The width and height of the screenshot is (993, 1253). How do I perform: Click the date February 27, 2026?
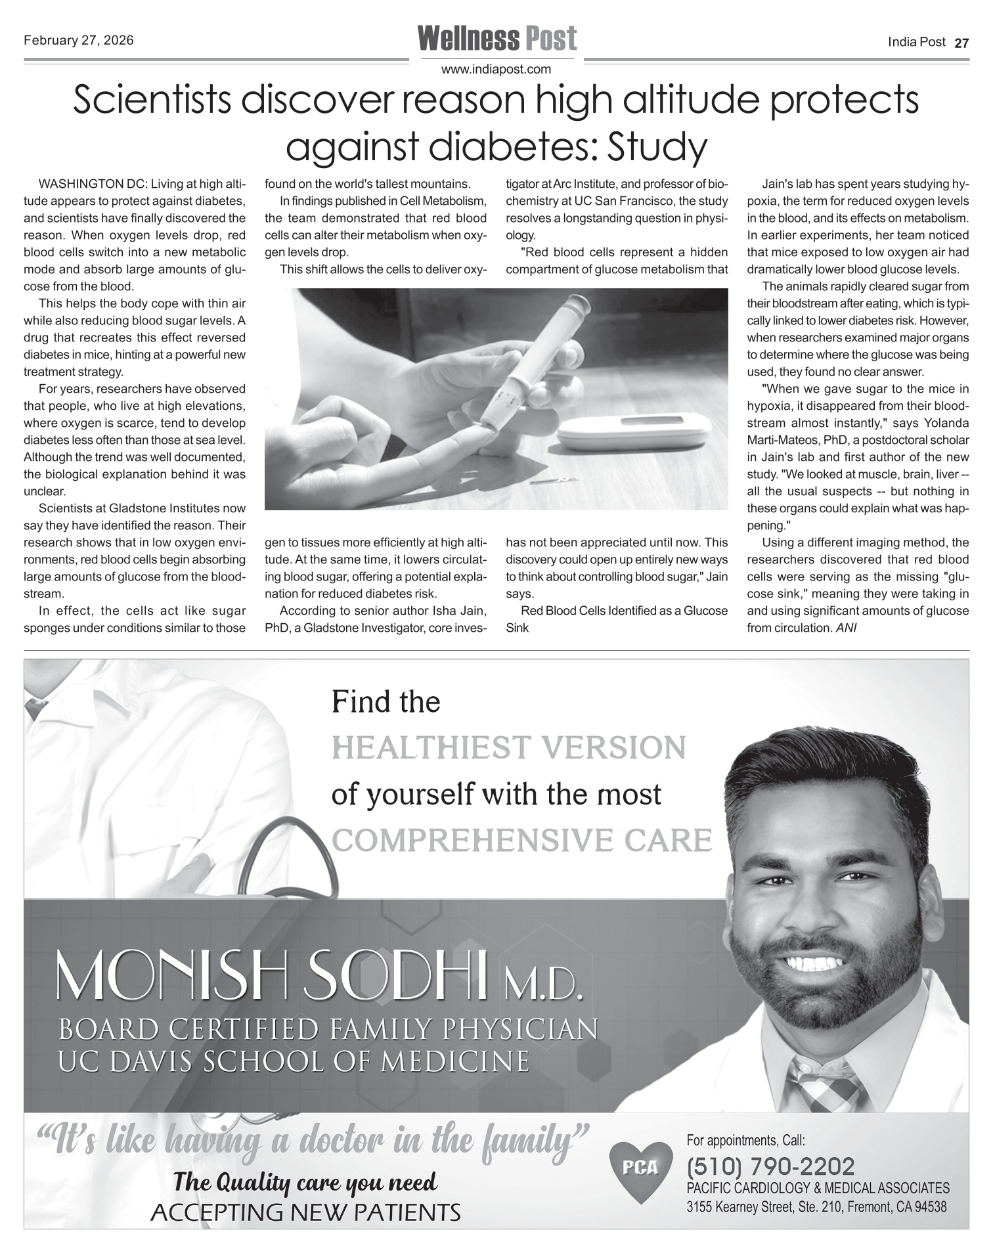(79, 41)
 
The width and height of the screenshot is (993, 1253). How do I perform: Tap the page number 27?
(961, 43)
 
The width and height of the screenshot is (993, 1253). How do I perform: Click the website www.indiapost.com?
(496, 69)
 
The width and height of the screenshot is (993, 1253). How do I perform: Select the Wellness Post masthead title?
(497, 39)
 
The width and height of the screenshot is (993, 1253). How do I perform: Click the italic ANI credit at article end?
(847, 628)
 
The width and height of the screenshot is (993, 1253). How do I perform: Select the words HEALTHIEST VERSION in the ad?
(509, 748)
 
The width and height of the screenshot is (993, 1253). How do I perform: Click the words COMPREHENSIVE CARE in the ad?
(522, 840)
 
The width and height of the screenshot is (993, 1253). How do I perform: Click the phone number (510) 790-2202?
(770, 1166)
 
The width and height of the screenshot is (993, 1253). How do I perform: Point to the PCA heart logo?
(640, 1169)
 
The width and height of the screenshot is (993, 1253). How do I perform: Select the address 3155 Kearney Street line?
(816, 1207)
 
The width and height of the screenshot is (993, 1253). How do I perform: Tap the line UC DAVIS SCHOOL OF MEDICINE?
(294, 1061)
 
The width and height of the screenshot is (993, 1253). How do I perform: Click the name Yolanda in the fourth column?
(946, 423)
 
